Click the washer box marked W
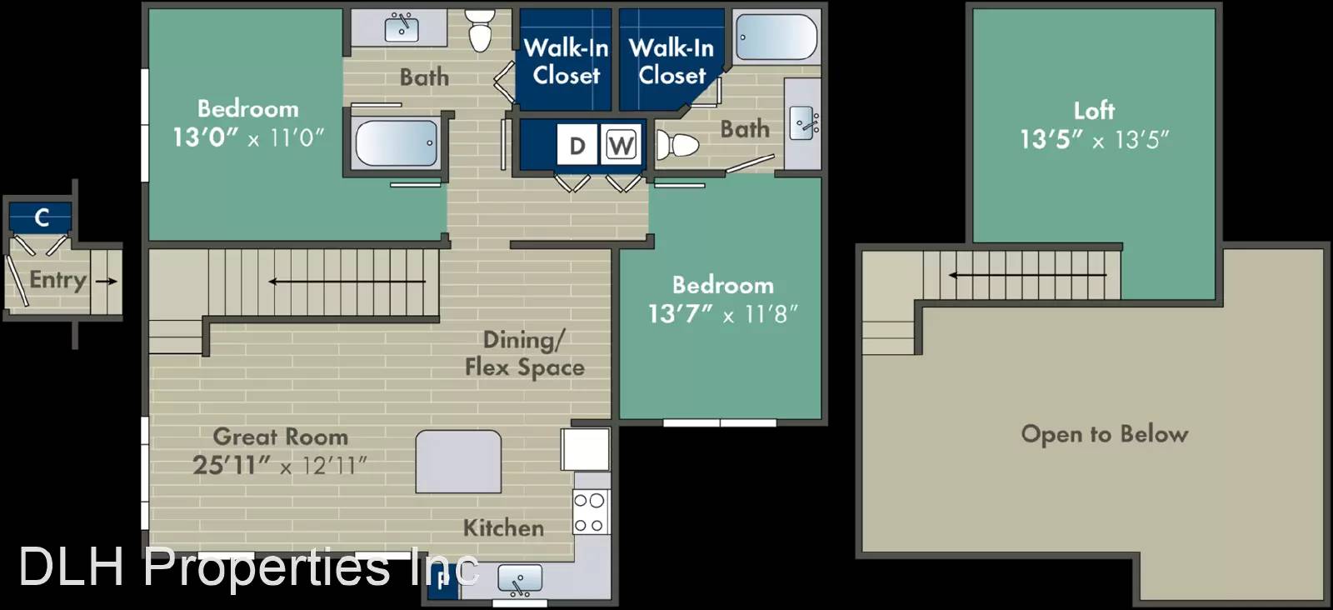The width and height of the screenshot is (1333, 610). coord(621,145)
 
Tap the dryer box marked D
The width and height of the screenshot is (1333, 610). coord(577,145)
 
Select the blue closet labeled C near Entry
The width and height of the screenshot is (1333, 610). coord(41,217)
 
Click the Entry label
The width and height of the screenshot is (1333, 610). coord(57,280)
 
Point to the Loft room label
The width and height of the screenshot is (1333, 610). coord(1095,111)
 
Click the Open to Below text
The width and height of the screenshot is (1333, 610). coord(1105,434)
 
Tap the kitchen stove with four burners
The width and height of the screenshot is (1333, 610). coord(591,512)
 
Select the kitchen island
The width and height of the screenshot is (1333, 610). coord(458,462)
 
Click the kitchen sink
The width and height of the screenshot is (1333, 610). coord(520,580)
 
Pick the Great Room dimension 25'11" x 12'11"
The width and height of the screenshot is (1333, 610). coord(280,465)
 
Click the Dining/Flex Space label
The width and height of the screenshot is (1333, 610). coord(524,353)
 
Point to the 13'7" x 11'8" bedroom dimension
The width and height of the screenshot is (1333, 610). coord(723,314)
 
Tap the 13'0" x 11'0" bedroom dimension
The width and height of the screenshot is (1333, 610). coord(248,137)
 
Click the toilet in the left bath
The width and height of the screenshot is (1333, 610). coord(480,31)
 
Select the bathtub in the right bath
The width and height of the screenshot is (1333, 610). coord(776,37)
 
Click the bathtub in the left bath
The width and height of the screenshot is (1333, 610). coord(397,143)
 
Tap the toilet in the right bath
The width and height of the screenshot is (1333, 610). coord(677,145)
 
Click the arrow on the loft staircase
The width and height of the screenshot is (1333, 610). coord(1028,275)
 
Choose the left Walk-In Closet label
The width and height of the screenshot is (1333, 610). coord(566,62)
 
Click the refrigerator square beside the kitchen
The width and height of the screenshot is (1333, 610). coord(585,449)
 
